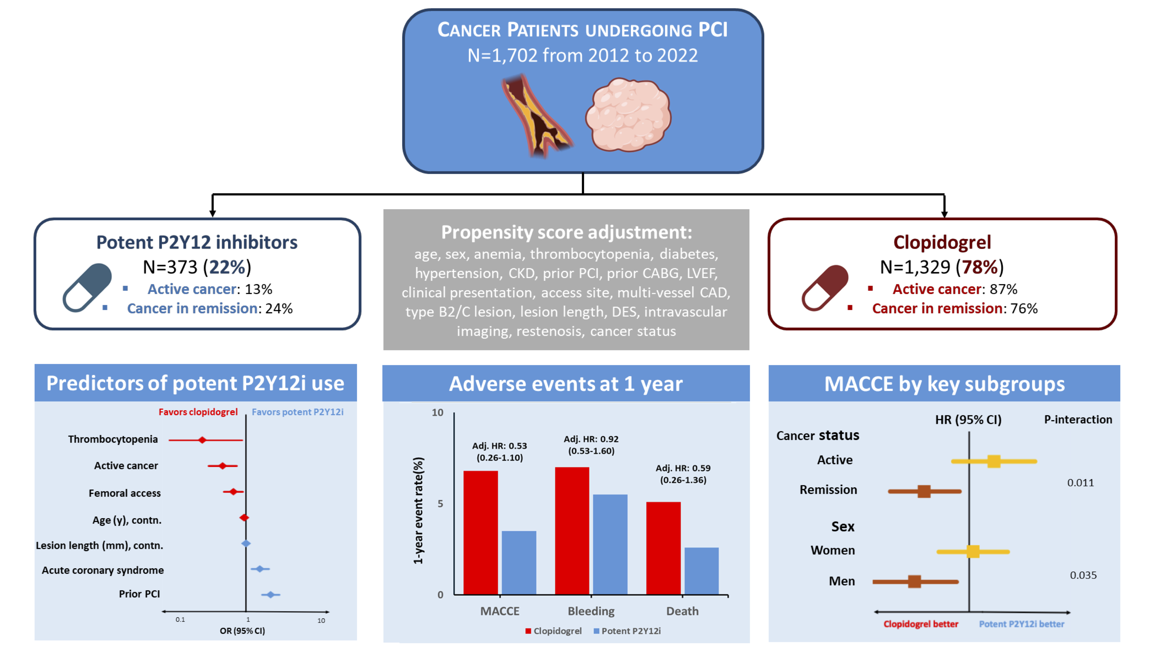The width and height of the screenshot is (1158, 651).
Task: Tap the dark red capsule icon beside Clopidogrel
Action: [825, 288]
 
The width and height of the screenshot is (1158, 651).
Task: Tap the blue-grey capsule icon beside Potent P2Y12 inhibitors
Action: [87, 288]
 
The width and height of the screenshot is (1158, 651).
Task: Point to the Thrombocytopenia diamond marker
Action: [202, 440]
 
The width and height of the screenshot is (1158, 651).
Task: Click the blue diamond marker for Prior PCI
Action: [270, 594]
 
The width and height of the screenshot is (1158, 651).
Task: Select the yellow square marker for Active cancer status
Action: [994, 461]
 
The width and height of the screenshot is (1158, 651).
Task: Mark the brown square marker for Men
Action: [914, 581]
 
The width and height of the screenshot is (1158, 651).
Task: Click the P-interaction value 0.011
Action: [1080, 483]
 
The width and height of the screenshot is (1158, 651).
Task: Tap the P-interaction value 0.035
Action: [1083, 575]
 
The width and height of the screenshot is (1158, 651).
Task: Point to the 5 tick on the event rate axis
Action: [440, 504]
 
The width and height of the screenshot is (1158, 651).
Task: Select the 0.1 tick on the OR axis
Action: [180, 619]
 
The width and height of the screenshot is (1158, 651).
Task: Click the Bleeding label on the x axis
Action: [591, 611]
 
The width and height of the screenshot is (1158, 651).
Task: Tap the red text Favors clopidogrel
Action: [198, 412]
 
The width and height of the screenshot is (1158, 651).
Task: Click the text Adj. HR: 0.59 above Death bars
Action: [683, 468]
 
